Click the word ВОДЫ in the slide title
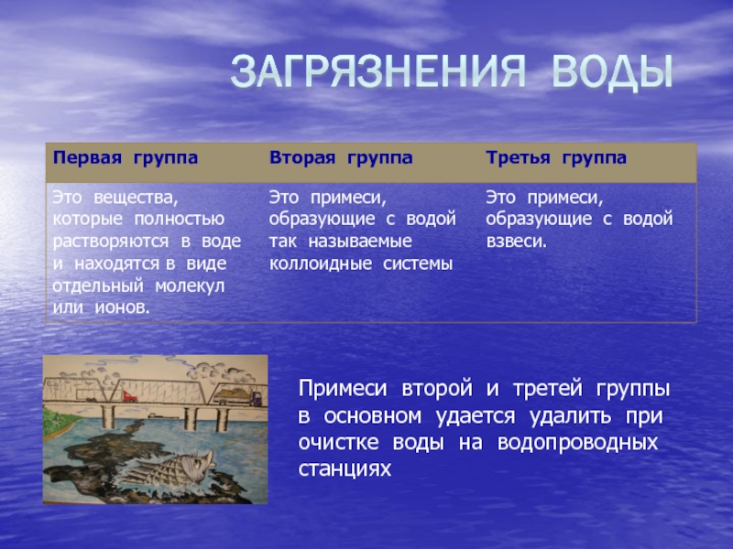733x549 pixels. pyautogui.click(x=612, y=72)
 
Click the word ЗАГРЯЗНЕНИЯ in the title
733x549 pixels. pyautogui.click(x=378, y=72)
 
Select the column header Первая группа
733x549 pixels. pyautogui.click(x=126, y=158)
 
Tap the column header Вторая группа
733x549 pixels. pyautogui.click(x=341, y=158)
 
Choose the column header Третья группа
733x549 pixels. pyautogui.click(x=556, y=158)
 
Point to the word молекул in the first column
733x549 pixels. pyautogui.click(x=190, y=285)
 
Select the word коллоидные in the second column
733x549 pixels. pyautogui.click(x=321, y=264)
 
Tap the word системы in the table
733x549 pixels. pyautogui.click(x=418, y=264)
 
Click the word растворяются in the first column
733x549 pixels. pyautogui.click(x=110, y=242)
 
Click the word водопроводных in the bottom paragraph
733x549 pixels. pyautogui.click(x=578, y=443)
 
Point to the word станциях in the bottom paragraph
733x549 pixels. pyautogui.click(x=345, y=469)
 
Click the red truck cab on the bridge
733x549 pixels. pyautogui.click(x=129, y=397)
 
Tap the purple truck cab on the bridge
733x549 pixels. pyautogui.click(x=256, y=398)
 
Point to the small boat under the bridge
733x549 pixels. pyautogui.click(x=156, y=415)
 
